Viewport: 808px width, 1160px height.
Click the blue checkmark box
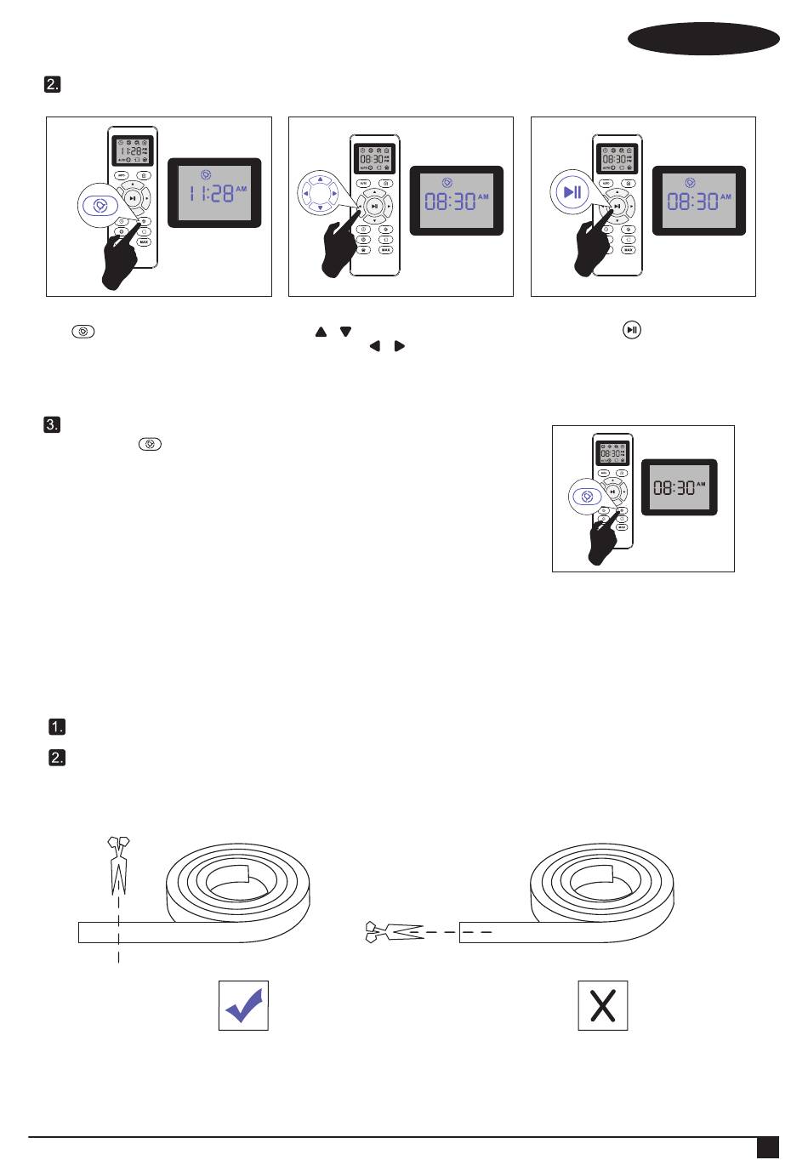[x=243, y=1005]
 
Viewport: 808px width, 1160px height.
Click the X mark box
[x=603, y=1005]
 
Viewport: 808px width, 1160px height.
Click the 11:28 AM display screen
[x=213, y=192]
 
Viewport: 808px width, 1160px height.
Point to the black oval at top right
[x=703, y=39]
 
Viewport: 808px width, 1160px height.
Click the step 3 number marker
[x=53, y=425]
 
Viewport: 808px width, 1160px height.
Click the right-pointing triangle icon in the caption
[x=400, y=346]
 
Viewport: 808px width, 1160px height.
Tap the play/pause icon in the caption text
[x=631, y=329]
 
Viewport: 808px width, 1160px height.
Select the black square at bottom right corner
[x=768, y=1147]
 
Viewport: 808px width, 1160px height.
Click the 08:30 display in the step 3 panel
[x=679, y=486]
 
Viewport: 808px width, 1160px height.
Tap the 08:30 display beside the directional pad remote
[x=457, y=201]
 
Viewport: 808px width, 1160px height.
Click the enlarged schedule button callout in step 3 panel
[x=586, y=497]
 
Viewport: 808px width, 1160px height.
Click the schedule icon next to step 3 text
[x=149, y=445]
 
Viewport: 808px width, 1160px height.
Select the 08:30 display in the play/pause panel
[x=698, y=201]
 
